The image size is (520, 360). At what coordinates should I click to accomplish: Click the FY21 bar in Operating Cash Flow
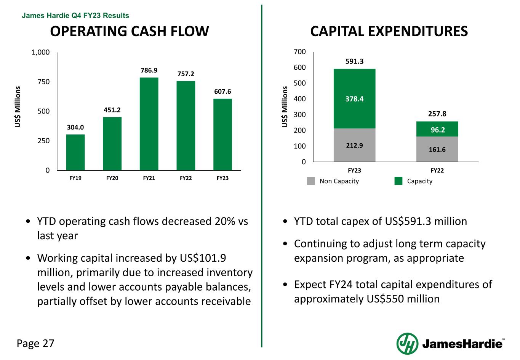149,124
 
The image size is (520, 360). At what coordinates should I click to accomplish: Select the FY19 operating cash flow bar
75,152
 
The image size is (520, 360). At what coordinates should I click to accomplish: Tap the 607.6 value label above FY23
222,91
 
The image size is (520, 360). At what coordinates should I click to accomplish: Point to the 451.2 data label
112,110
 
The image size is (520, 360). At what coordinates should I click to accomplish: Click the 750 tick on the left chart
43,82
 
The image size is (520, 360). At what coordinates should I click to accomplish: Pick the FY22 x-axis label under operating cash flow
186,178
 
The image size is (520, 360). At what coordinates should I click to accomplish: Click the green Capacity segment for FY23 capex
354,99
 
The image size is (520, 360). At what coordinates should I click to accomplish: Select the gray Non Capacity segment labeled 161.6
437,149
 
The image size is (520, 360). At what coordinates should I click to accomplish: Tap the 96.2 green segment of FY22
437,130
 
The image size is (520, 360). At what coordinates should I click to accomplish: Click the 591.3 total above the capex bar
354,61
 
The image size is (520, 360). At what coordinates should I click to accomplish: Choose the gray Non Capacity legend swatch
311,181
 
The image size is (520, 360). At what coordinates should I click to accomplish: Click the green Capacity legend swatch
398,181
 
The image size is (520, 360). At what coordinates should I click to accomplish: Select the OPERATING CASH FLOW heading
130,31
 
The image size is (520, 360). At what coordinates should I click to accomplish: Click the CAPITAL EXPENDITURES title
389,31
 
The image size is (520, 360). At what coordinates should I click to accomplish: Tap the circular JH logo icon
407,343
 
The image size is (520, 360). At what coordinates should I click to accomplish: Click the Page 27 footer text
36,343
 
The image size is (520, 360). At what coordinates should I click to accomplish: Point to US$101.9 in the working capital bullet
202,258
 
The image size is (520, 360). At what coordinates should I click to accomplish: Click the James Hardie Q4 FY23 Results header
75,16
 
